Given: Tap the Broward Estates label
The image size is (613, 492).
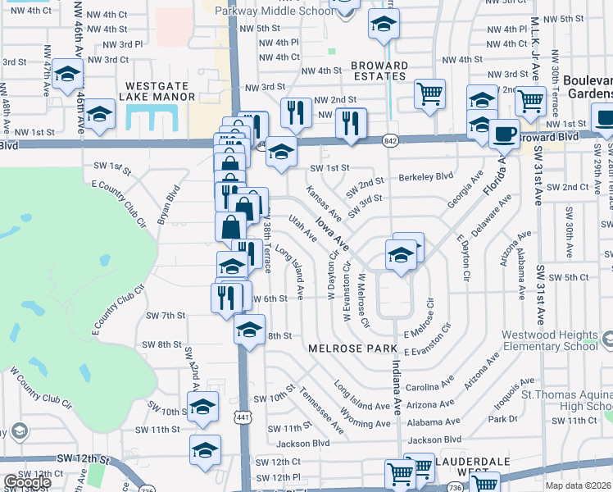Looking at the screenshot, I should click(379, 71).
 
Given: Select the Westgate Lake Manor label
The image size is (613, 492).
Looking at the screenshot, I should click(158, 91).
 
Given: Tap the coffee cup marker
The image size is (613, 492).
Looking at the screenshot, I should click(504, 132).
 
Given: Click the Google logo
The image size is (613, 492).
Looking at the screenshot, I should click(27, 481).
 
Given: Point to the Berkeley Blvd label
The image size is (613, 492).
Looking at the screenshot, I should click(426, 176).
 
